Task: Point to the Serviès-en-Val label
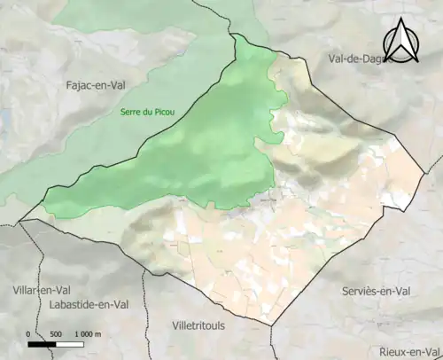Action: tap(380, 291)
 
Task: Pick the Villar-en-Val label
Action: tap(42, 289)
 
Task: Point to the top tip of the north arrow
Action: tap(402, 19)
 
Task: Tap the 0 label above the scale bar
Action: tap(29, 334)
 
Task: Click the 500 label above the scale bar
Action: tap(57, 334)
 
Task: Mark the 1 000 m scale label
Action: tap(87, 334)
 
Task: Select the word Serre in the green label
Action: tap(131, 113)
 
